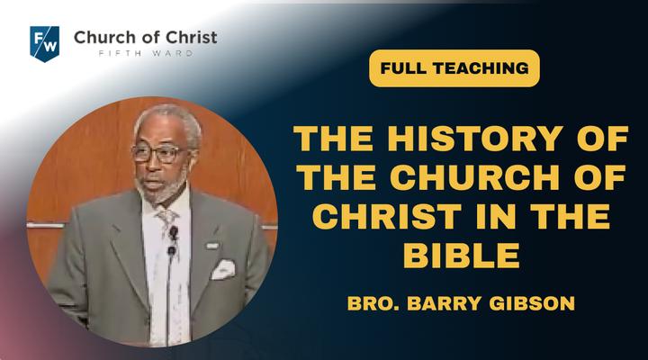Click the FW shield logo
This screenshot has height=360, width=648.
click(44, 44)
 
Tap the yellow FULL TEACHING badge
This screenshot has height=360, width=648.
click(454, 68)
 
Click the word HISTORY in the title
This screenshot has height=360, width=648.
click(475, 139)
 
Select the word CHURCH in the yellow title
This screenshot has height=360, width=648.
click(474, 177)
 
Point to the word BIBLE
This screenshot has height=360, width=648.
click(461, 256)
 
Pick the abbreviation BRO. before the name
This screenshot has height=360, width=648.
click(373, 303)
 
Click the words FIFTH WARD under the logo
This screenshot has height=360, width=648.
click(146, 53)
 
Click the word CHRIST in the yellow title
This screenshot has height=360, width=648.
click(386, 217)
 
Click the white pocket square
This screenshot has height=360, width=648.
click(223, 269)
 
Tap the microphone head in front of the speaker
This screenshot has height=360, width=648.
click(174, 233)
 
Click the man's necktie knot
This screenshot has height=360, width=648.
click(167, 216)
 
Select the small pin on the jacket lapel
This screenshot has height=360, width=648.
click(212, 246)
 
